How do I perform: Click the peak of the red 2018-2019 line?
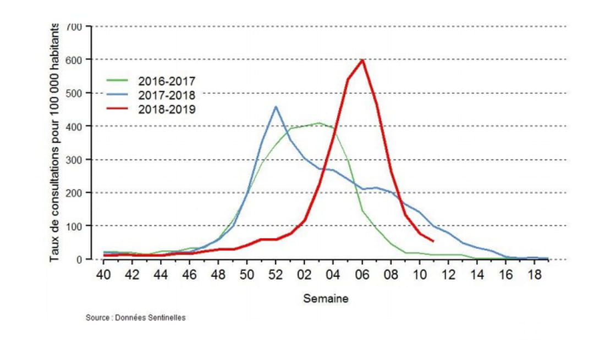[x=362, y=60]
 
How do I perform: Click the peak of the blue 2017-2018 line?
[x=276, y=107]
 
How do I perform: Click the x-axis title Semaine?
[x=326, y=299]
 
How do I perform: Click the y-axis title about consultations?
[x=55, y=143]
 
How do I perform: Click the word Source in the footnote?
[x=96, y=318]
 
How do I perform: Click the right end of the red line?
[x=434, y=241]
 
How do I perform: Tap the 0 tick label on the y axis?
[x=80, y=259]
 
